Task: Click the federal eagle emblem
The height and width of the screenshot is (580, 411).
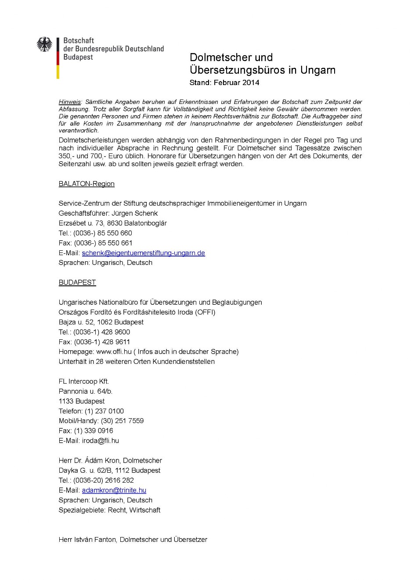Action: (44, 44)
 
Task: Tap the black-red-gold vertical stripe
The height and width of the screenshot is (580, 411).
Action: (58, 58)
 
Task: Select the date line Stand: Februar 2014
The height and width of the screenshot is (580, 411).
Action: (224, 82)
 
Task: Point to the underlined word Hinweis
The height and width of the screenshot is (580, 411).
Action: (70, 102)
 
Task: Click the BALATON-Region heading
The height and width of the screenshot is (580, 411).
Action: (87, 184)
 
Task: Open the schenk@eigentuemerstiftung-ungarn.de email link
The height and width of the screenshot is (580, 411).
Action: (143, 253)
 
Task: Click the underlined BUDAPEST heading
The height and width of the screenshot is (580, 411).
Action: (77, 282)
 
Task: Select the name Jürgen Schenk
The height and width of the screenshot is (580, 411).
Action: (134, 213)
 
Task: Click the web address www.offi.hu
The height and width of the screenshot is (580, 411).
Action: (114, 352)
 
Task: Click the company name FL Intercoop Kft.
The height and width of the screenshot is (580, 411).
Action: (84, 381)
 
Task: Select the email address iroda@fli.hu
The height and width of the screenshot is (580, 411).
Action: (100, 441)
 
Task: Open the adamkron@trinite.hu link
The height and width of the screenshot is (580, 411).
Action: (114, 490)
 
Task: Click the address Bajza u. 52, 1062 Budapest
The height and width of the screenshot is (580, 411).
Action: (101, 322)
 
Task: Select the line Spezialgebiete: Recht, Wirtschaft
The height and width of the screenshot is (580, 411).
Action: (109, 510)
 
